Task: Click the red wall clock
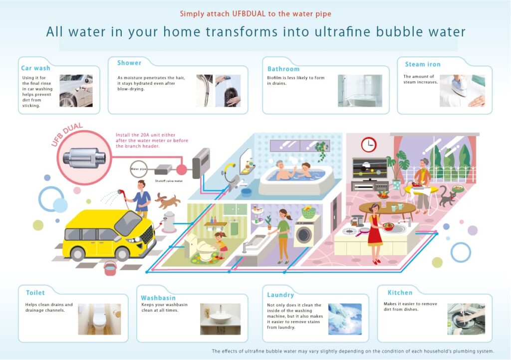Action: pos(369,145)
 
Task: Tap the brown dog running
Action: pos(167,200)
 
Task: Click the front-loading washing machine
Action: pos(306,233)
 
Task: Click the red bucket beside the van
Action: pos(110,268)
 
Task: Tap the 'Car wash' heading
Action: pos(35,68)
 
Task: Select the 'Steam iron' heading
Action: pos(423,64)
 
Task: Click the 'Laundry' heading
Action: pos(280,295)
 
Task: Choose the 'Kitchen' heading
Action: pos(400,293)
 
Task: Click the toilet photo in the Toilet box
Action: pos(99,319)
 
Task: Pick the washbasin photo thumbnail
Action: pos(220,319)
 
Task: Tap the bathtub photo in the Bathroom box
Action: pos(360,91)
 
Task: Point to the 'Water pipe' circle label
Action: pos(139,169)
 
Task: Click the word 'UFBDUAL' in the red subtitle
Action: pos(249,13)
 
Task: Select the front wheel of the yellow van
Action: pos(122,254)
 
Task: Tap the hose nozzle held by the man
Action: pos(121,192)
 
